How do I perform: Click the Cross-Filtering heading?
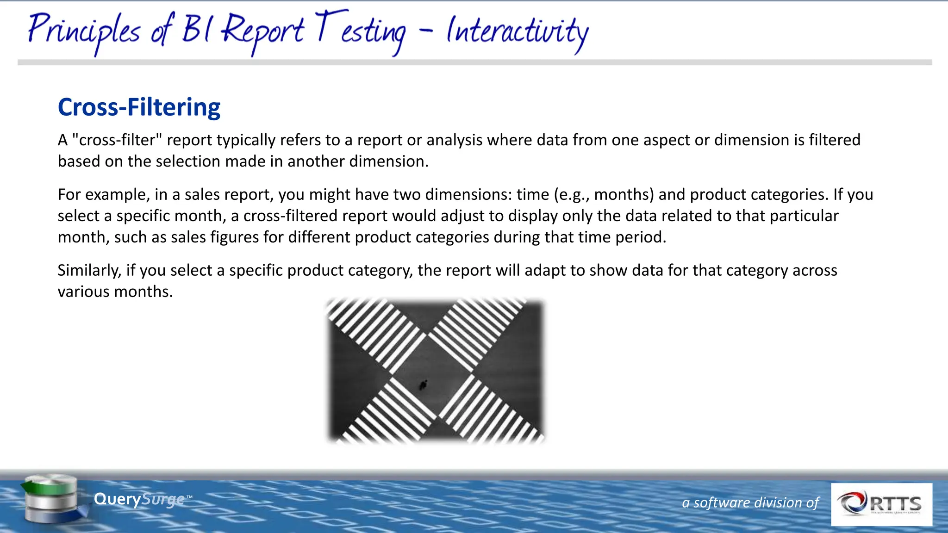pyautogui.click(x=139, y=107)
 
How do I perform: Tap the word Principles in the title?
pyautogui.click(x=83, y=31)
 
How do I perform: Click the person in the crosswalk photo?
pyautogui.click(x=423, y=384)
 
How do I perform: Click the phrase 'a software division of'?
pyautogui.click(x=750, y=502)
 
